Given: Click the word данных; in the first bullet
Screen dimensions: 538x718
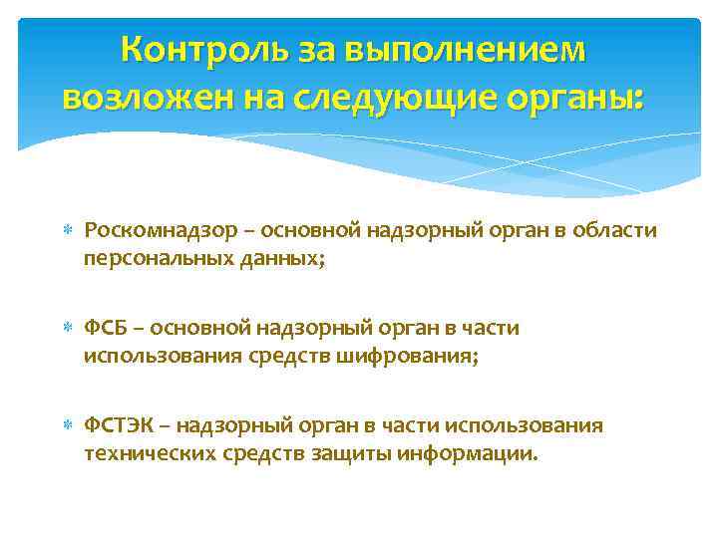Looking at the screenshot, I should [282, 260].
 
